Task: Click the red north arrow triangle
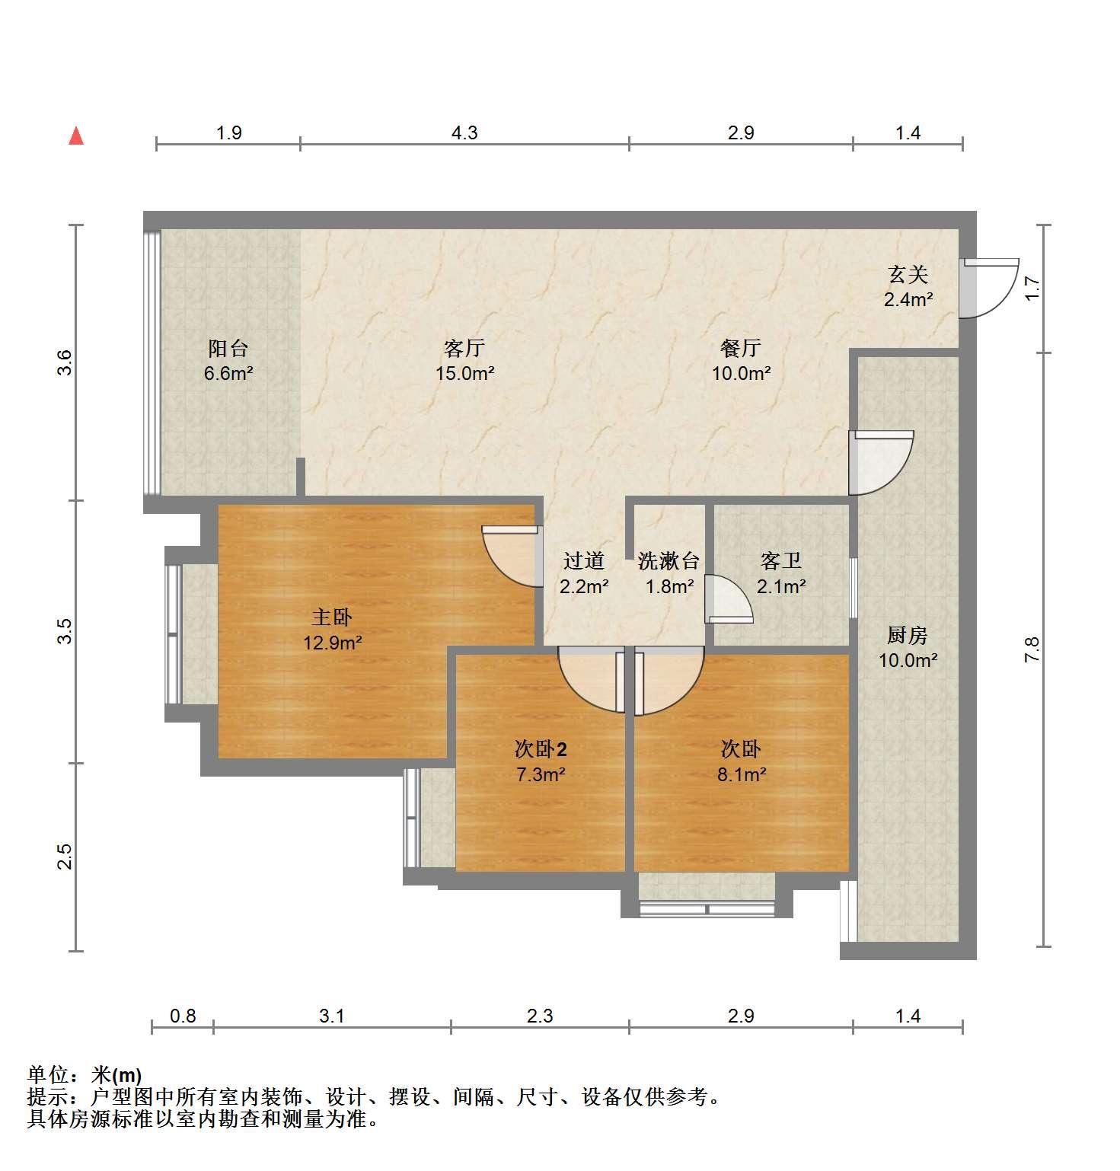(76, 136)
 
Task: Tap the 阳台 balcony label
(228, 349)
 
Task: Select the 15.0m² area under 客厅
(465, 374)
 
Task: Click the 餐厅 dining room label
(741, 349)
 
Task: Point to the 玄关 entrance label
(908, 274)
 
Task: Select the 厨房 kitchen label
(908, 635)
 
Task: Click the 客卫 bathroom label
(781, 562)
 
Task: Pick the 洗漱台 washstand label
(668, 562)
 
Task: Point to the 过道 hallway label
(584, 562)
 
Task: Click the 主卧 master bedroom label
(332, 617)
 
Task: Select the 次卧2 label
(541, 750)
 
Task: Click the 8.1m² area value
(741, 775)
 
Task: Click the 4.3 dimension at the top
(464, 133)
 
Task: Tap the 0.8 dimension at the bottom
(183, 1016)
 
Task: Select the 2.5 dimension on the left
(65, 857)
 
